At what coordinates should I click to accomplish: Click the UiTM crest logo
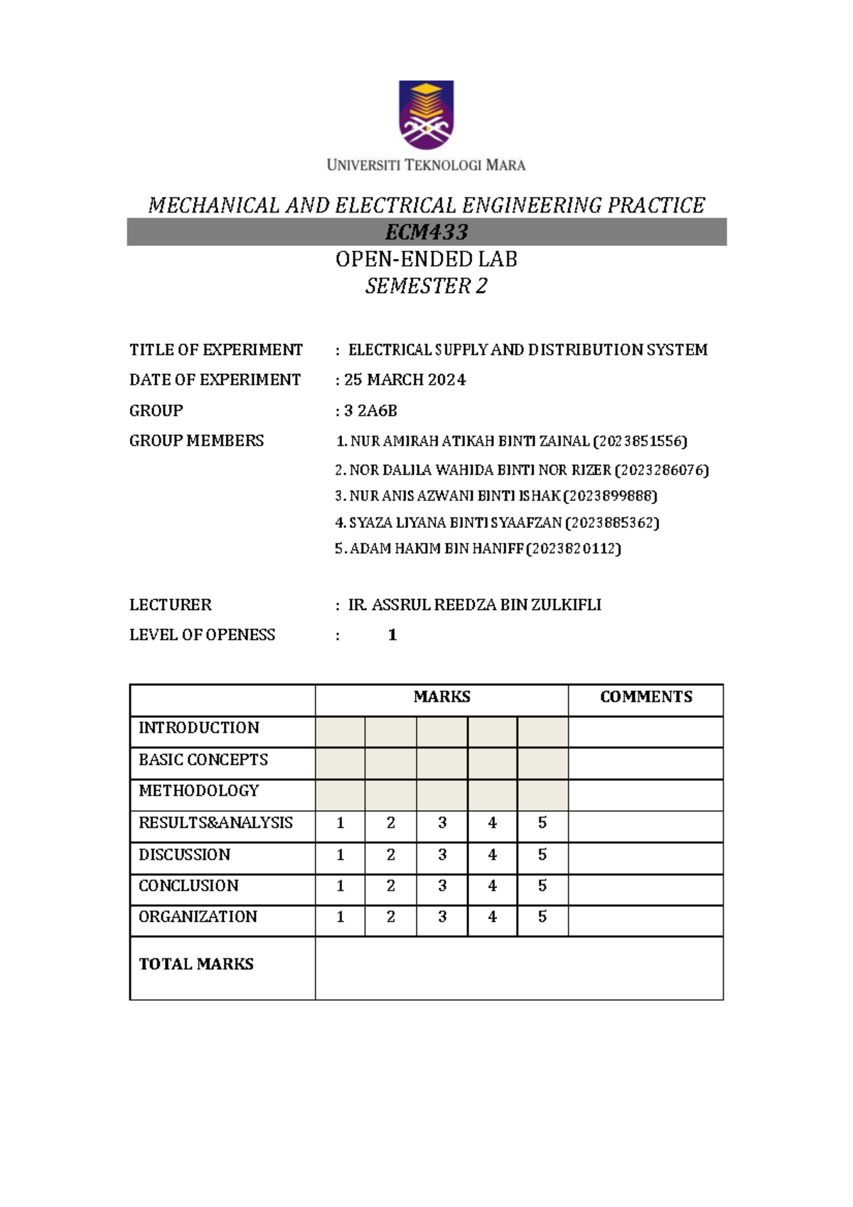426,114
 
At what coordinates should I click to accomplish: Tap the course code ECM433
426,232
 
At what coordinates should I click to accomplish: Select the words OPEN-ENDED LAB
426,259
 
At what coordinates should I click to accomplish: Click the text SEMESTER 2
426,286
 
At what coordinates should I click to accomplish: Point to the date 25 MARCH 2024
404,380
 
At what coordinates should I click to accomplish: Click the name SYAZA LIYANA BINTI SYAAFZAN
455,523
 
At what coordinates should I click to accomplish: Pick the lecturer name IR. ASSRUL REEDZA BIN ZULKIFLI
474,605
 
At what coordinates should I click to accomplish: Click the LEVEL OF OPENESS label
202,635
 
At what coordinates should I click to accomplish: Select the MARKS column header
441,697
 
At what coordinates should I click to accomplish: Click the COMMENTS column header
645,697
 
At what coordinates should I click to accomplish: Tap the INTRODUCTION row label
199,728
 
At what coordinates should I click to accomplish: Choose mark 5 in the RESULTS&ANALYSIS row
542,823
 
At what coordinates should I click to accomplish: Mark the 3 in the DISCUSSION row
442,855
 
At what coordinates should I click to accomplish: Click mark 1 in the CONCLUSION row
340,886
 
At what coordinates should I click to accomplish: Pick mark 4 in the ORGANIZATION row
493,918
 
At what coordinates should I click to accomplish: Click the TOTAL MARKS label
196,965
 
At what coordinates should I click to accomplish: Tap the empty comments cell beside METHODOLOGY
645,795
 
